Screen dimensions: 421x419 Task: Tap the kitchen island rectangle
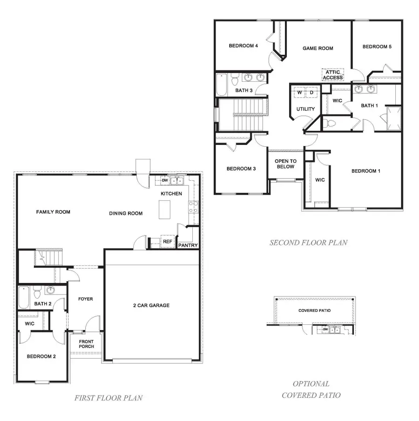coord(164,209)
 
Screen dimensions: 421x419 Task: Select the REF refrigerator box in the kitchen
coord(167,242)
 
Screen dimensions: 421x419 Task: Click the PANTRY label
coord(188,245)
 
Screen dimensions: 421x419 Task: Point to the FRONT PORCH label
coord(87,344)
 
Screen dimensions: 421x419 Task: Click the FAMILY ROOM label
coord(53,212)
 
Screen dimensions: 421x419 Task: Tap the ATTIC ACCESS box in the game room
coord(333,75)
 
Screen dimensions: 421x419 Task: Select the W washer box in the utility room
coord(300,93)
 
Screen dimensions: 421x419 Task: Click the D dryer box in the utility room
coord(312,93)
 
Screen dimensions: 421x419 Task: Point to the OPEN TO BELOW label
coord(285,164)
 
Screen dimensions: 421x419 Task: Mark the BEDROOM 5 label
coord(377,46)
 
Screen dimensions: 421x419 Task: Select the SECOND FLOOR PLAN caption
coord(308,243)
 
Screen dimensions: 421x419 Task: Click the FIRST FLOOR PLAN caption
coord(108,398)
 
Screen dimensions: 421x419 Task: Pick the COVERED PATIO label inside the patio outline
coord(314,310)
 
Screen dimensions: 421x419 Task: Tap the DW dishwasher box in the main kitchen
coord(164,180)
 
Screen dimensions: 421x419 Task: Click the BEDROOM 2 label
coord(41,356)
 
